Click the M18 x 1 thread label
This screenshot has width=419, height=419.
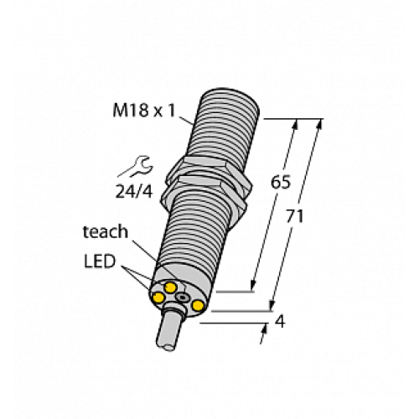click(x=150, y=111)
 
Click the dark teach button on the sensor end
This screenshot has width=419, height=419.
click(x=184, y=297)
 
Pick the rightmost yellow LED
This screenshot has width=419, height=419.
click(x=198, y=307)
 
